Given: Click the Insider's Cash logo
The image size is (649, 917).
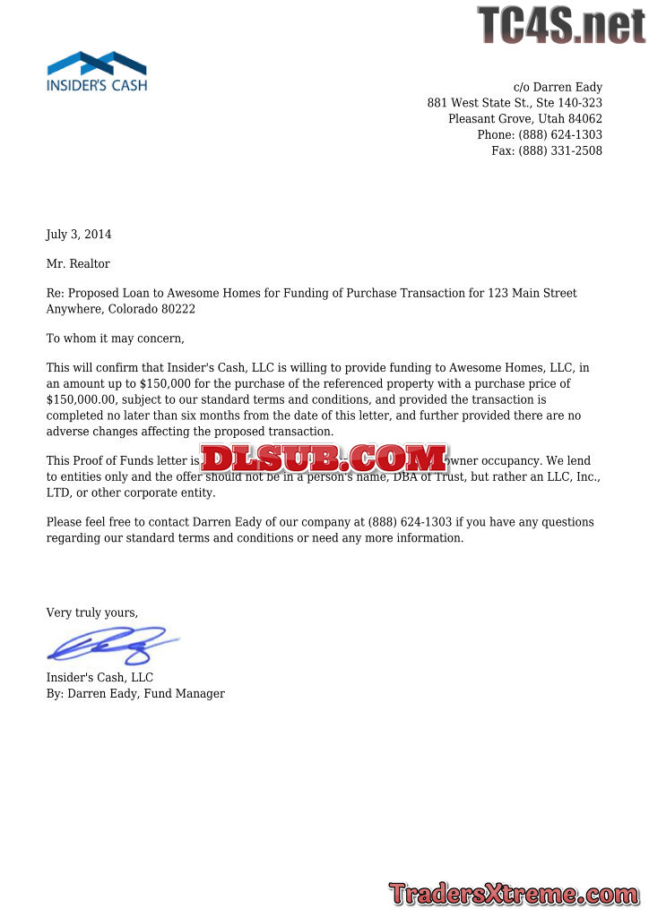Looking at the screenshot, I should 97,72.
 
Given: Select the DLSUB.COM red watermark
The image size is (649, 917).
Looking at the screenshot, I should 324,458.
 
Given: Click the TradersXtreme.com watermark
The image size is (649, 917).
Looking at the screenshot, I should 514,894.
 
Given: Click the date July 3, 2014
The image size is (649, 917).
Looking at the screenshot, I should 79,235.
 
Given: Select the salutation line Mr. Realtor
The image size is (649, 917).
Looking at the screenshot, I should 78,263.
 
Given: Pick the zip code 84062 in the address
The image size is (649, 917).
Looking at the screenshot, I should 585,119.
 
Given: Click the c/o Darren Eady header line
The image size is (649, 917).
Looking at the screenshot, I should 558,87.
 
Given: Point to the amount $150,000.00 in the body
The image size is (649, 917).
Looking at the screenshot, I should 82,399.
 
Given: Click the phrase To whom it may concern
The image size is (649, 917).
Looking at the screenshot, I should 115,339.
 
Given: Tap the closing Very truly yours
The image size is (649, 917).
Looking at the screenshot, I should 92,613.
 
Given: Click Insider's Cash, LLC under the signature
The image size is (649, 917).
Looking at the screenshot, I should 100,678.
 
